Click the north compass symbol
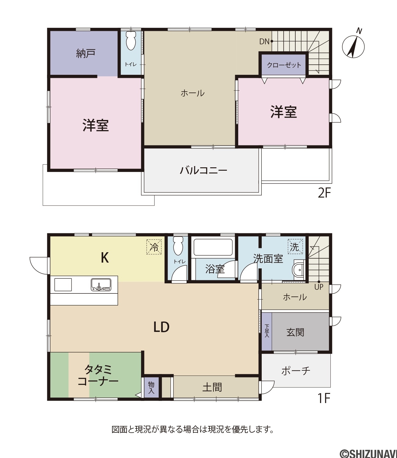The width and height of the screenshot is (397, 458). point(353,46)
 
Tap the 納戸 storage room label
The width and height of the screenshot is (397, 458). point(86,53)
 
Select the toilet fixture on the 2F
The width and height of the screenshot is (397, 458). point(131,41)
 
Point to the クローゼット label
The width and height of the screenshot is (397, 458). point(284,65)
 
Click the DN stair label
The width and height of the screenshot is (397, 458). point(264,42)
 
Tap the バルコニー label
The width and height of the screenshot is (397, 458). point(203,170)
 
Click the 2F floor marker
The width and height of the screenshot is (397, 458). point(324,193)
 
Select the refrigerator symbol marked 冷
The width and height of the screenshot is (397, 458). point(154,247)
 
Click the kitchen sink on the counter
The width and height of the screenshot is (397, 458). point(101,285)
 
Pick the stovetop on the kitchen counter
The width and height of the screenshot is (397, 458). point(63,285)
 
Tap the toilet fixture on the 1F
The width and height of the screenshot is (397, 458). point(178,246)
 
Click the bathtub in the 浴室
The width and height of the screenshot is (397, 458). point(213,247)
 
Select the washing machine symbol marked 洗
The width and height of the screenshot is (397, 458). point(295,246)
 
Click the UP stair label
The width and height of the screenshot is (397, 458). point(319,287)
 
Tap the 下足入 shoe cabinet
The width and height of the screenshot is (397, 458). point(267,332)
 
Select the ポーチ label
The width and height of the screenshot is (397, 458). point(296,371)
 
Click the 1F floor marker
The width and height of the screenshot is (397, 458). point(324,398)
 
